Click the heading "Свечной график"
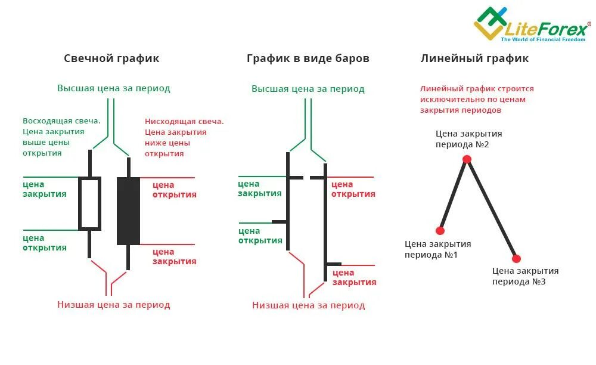(111, 58)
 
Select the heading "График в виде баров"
(308, 58)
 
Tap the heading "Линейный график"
(474, 58)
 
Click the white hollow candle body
(89, 203)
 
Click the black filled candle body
(128, 211)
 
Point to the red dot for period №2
(467, 159)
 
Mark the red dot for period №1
(440, 230)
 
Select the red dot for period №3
(516, 258)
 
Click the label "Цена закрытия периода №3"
(525, 276)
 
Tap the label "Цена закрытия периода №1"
(437, 249)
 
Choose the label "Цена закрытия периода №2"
(468, 139)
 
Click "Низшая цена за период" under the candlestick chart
(113, 305)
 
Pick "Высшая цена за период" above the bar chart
(308, 89)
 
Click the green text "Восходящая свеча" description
(61, 137)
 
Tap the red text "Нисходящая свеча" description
(184, 137)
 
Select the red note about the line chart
(477, 99)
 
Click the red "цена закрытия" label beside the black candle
(174, 256)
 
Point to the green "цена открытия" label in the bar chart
(260, 236)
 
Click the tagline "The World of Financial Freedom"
(542, 39)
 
